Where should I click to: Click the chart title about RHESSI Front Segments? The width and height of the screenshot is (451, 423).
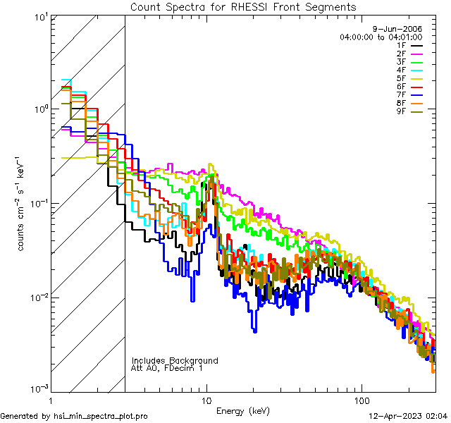tap(243, 7)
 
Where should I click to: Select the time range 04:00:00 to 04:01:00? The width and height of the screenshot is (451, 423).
tap(381, 37)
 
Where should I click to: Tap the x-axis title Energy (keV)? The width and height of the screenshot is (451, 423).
tap(242, 411)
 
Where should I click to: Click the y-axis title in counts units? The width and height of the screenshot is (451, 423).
tap(22, 203)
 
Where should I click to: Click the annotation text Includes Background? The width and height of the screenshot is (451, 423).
tap(175, 360)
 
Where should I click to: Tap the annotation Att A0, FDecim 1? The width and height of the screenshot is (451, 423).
tap(168, 368)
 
